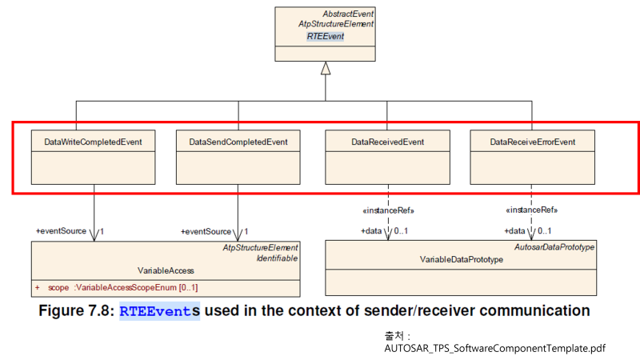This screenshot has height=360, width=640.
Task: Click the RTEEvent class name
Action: (x=326, y=36)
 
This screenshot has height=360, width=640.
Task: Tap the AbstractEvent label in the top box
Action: (x=348, y=14)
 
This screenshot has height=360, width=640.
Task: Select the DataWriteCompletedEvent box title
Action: (x=93, y=142)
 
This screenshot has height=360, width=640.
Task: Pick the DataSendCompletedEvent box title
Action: (x=238, y=142)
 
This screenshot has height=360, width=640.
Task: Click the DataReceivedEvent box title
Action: (x=387, y=142)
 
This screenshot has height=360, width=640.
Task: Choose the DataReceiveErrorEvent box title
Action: (x=532, y=142)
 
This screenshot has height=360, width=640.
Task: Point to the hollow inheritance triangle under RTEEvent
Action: (x=325, y=69)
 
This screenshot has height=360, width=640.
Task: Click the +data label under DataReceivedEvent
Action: (x=373, y=230)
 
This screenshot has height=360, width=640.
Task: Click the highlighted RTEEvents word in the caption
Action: (x=160, y=310)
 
